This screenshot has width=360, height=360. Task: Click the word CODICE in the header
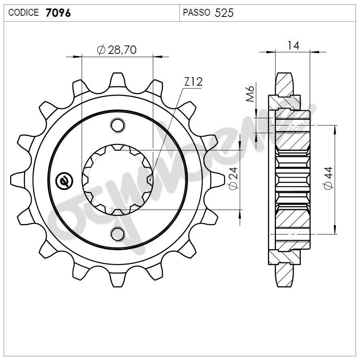(x=23, y=12)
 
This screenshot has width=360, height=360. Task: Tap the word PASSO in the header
(x=196, y=12)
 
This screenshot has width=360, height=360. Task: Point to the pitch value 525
(x=224, y=12)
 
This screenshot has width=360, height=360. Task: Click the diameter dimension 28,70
(x=122, y=50)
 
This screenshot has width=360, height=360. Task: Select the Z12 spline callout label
(x=193, y=82)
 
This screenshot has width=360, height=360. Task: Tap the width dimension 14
(x=293, y=45)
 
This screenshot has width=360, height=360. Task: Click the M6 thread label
(x=249, y=93)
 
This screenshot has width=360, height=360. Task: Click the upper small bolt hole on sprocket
(x=117, y=125)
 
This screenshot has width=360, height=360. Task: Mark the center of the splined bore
(x=117, y=179)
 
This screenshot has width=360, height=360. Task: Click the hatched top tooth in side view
(x=285, y=84)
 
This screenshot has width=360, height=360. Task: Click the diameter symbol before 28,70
(x=101, y=50)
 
